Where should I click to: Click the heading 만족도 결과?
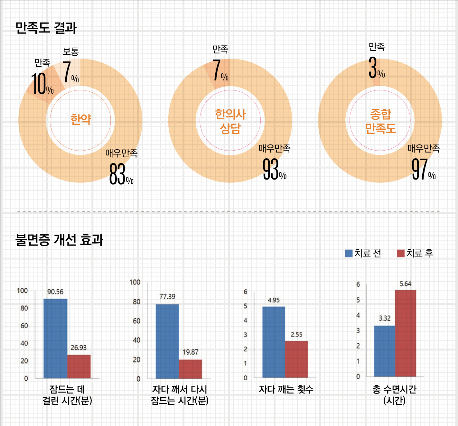[x=46, y=28]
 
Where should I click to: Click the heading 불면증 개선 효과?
[x=59, y=240]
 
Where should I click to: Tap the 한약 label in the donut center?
[x=81, y=120]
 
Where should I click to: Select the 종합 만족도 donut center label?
[x=380, y=121]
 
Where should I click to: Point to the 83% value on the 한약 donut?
[x=121, y=174]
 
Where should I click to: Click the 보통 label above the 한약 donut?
[x=70, y=51]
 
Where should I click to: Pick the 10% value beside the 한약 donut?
[x=42, y=84]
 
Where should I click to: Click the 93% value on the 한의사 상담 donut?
[x=274, y=170]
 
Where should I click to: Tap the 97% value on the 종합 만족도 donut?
[x=423, y=170]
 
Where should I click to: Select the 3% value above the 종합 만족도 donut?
[x=376, y=68]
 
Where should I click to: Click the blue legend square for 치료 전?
[x=349, y=253]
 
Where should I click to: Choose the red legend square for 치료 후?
[x=400, y=253]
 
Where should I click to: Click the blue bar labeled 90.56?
[x=55, y=338]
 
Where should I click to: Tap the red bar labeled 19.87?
[x=190, y=369]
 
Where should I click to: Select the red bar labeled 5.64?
[x=405, y=333]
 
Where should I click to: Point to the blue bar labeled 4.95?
[x=274, y=342]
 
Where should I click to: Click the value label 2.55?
[x=296, y=335]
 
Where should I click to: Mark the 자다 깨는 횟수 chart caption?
[x=286, y=390]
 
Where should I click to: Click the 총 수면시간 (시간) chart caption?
[x=394, y=395]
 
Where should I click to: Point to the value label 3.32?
[x=385, y=318]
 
